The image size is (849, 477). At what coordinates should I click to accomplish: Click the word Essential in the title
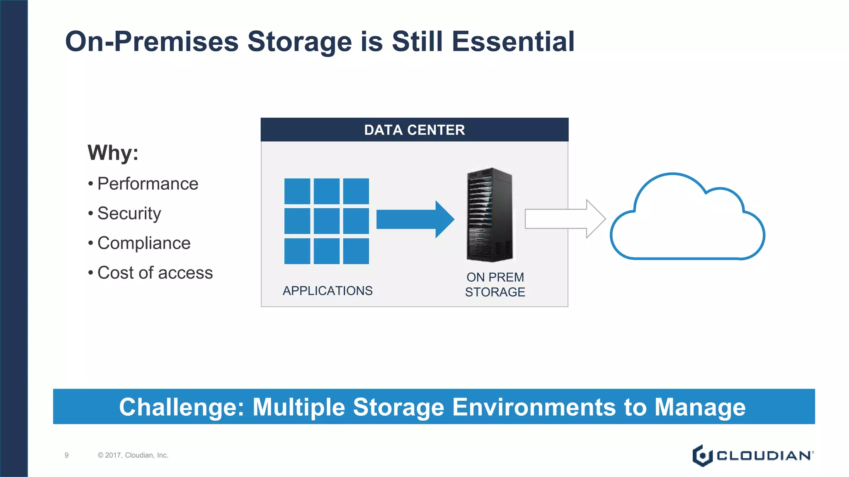(x=513, y=42)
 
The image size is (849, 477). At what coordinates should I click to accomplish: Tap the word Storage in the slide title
(x=299, y=42)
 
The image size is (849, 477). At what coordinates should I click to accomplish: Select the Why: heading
(x=113, y=153)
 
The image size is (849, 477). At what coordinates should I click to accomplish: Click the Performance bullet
(x=148, y=184)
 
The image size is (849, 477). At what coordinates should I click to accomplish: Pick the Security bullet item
(x=129, y=214)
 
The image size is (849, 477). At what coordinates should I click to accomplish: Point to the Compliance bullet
(x=144, y=243)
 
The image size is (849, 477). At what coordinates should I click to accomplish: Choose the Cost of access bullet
(x=155, y=273)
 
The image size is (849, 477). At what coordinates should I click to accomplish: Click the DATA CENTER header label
(x=414, y=130)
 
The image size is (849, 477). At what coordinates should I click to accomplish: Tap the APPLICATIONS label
(x=327, y=291)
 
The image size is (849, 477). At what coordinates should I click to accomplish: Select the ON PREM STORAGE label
(x=495, y=284)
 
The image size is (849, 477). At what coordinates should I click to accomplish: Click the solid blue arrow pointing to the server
(x=415, y=219)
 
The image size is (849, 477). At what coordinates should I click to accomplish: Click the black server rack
(x=490, y=214)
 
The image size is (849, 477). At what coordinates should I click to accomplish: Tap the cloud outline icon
(x=687, y=219)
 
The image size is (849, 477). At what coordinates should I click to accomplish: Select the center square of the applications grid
(x=327, y=221)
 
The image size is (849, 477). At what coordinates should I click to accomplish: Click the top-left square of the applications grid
(x=297, y=191)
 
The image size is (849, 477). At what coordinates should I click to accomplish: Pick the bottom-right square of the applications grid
(x=356, y=251)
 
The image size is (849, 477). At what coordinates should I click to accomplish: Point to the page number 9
(x=67, y=455)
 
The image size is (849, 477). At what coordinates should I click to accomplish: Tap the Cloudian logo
(x=752, y=455)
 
